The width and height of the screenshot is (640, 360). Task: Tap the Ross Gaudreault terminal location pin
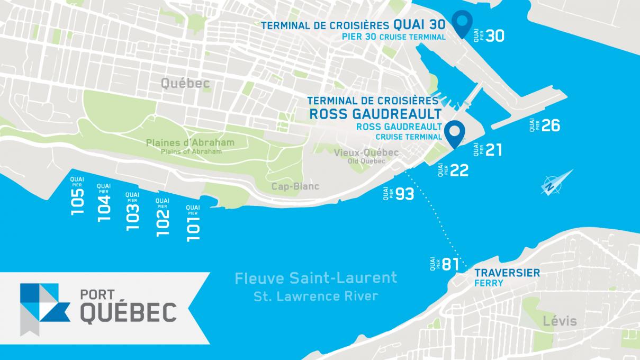[x=454, y=133]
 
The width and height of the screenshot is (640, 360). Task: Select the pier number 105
[x=77, y=202]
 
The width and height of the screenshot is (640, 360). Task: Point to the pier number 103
[x=133, y=218]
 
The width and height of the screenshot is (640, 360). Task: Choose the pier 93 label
[x=404, y=194]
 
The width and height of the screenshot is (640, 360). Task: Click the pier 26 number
[x=551, y=125]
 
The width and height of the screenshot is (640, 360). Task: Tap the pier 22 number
[x=459, y=170]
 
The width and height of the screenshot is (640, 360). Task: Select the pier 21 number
[x=493, y=150]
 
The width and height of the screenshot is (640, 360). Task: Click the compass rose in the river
[x=556, y=182]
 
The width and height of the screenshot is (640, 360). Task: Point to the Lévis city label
[x=560, y=321]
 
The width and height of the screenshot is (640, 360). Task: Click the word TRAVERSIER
[x=507, y=273]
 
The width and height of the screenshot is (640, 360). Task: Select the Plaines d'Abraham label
[x=190, y=143]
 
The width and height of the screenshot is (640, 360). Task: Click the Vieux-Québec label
[x=366, y=152]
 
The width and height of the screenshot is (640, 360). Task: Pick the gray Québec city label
[x=185, y=84]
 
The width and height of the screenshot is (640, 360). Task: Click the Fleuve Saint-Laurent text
[x=316, y=277]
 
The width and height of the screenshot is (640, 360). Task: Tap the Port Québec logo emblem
[x=44, y=306]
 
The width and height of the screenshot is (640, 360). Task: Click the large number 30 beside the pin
[x=494, y=36]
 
